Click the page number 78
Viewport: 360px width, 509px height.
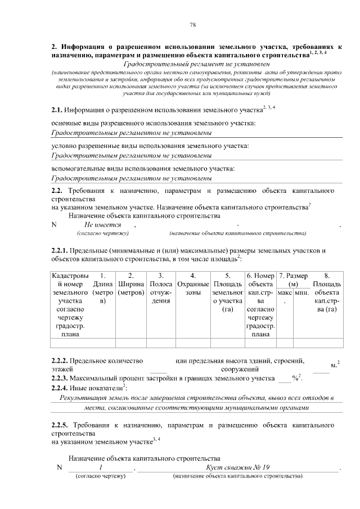pyautogui.click(x=192, y=24)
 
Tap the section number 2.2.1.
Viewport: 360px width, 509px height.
pyautogui.click(x=60, y=250)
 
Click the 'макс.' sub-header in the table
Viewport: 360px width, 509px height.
pyautogui.click(x=285, y=293)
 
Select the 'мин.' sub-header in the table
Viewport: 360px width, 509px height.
pyautogui.click(x=301, y=293)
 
